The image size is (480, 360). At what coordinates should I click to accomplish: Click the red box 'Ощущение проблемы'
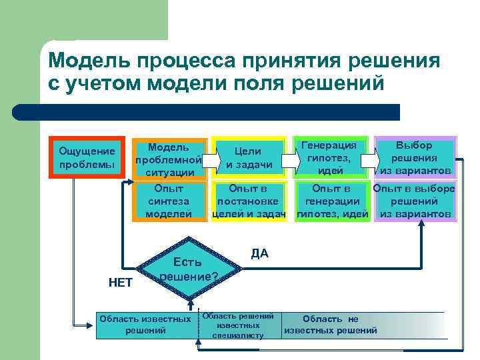87,158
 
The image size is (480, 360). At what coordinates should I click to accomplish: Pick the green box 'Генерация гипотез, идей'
331,158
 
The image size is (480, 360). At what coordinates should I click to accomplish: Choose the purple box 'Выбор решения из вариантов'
415,158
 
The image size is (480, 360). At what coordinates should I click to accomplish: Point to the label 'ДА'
260,253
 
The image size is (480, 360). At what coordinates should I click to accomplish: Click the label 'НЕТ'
120,283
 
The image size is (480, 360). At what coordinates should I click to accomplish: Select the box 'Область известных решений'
145,325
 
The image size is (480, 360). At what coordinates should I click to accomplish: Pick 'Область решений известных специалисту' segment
239,325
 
